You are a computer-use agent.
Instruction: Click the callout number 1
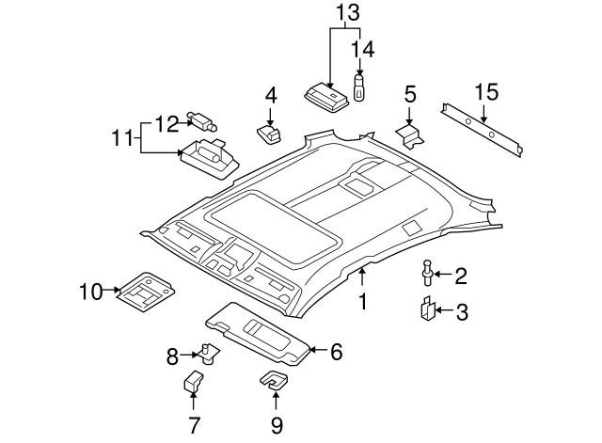[362, 302]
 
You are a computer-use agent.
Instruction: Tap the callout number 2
[461, 276]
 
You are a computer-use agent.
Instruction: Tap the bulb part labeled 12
[202, 119]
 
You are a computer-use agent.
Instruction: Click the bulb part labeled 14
[359, 87]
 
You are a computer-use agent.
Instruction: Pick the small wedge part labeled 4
[270, 134]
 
